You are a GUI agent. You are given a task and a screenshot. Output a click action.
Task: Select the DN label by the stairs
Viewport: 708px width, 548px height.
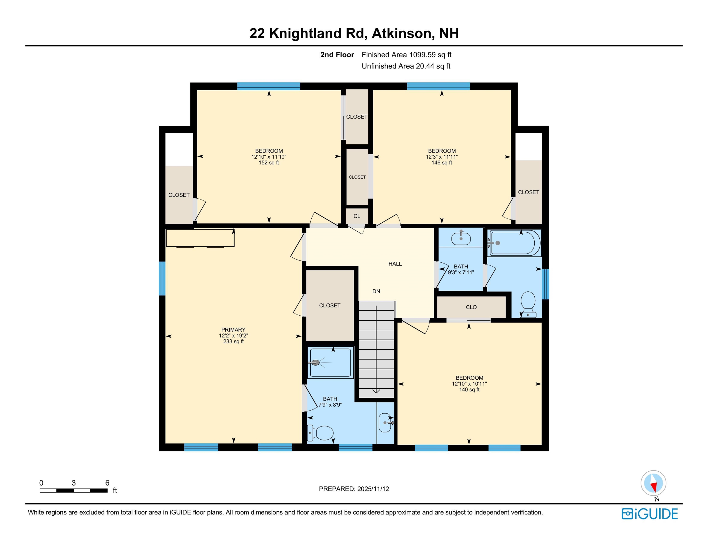point(376,291)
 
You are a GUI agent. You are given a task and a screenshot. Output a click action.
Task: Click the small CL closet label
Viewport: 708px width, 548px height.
point(356,216)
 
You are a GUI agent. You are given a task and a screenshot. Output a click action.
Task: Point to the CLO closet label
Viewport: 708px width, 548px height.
point(471,307)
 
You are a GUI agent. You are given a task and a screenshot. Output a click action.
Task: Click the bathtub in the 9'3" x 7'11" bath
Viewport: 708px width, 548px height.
point(515,243)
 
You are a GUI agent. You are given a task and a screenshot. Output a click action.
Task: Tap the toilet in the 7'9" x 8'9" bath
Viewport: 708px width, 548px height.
point(321,433)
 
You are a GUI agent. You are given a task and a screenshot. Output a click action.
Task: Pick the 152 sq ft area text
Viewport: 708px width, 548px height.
point(269,163)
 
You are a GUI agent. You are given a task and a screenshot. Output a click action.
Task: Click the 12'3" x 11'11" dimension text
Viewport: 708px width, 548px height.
point(442,157)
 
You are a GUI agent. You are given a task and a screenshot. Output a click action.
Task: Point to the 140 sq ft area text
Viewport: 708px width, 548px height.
point(469,390)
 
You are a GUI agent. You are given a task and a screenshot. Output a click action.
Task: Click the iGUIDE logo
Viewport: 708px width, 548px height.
point(650,514)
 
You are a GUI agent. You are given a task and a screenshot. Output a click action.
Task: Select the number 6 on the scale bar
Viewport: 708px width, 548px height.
point(107,483)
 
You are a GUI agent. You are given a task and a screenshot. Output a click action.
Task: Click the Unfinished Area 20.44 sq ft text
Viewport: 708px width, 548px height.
point(406,66)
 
